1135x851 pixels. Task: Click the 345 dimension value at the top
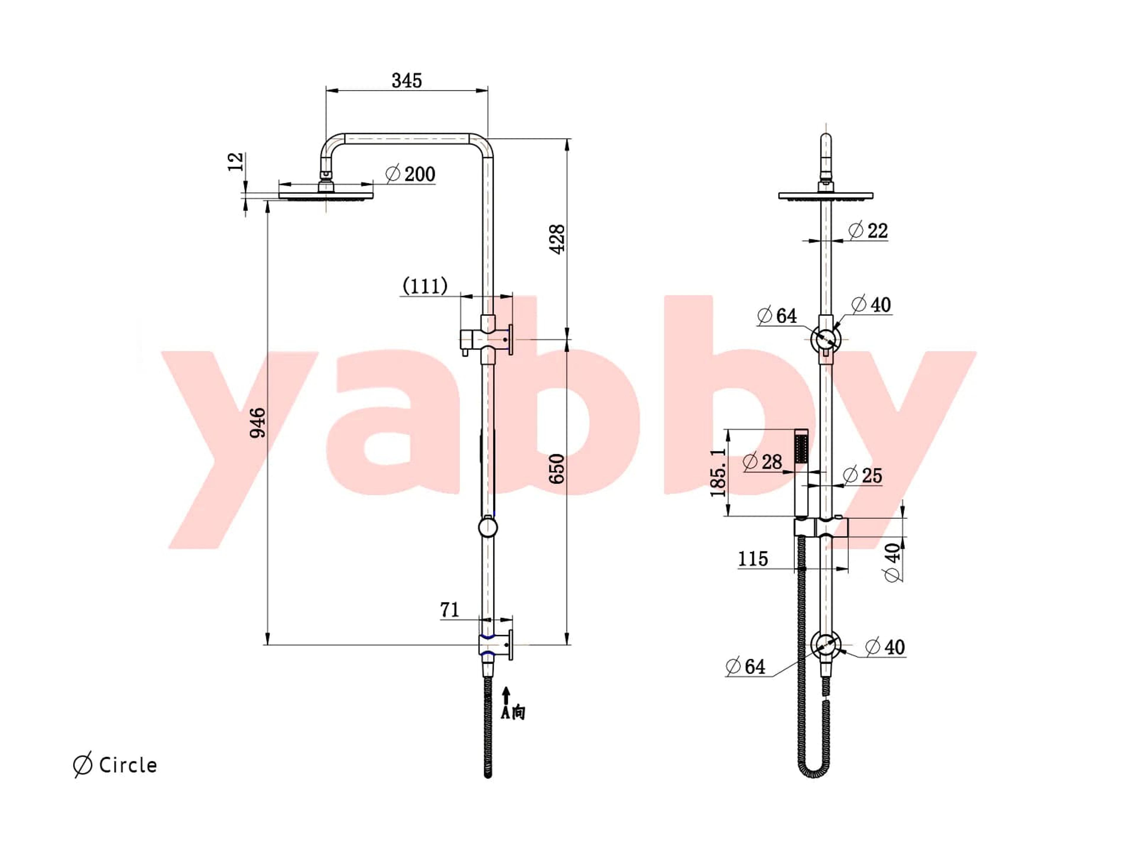click(x=406, y=81)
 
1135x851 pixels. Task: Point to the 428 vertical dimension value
click(x=557, y=238)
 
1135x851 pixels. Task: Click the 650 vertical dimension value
click(x=557, y=468)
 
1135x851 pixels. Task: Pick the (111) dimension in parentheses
click(x=425, y=286)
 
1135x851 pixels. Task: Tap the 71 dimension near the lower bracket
click(x=450, y=610)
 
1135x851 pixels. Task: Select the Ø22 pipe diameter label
click(x=868, y=230)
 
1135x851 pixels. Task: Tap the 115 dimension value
click(x=753, y=558)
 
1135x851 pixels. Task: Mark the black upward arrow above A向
click(x=506, y=696)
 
